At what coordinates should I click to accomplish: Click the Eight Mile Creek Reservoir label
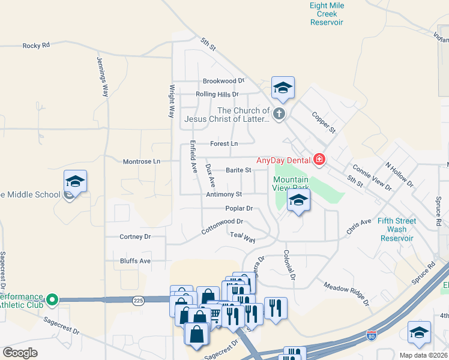[327, 14]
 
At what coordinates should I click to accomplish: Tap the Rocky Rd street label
[36, 46]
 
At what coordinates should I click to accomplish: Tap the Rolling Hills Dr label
[217, 94]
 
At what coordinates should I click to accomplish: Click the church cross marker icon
[279, 113]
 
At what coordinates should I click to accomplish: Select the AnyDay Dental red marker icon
[319, 160]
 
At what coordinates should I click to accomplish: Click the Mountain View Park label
[291, 184]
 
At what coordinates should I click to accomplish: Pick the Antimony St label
[223, 194]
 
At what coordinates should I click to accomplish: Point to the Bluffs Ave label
[135, 261]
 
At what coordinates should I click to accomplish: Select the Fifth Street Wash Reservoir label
[397, 229]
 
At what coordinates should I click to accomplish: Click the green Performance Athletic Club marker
[53, 299]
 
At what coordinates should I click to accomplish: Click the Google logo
[20, 353]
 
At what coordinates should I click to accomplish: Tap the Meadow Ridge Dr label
[345, 290]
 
